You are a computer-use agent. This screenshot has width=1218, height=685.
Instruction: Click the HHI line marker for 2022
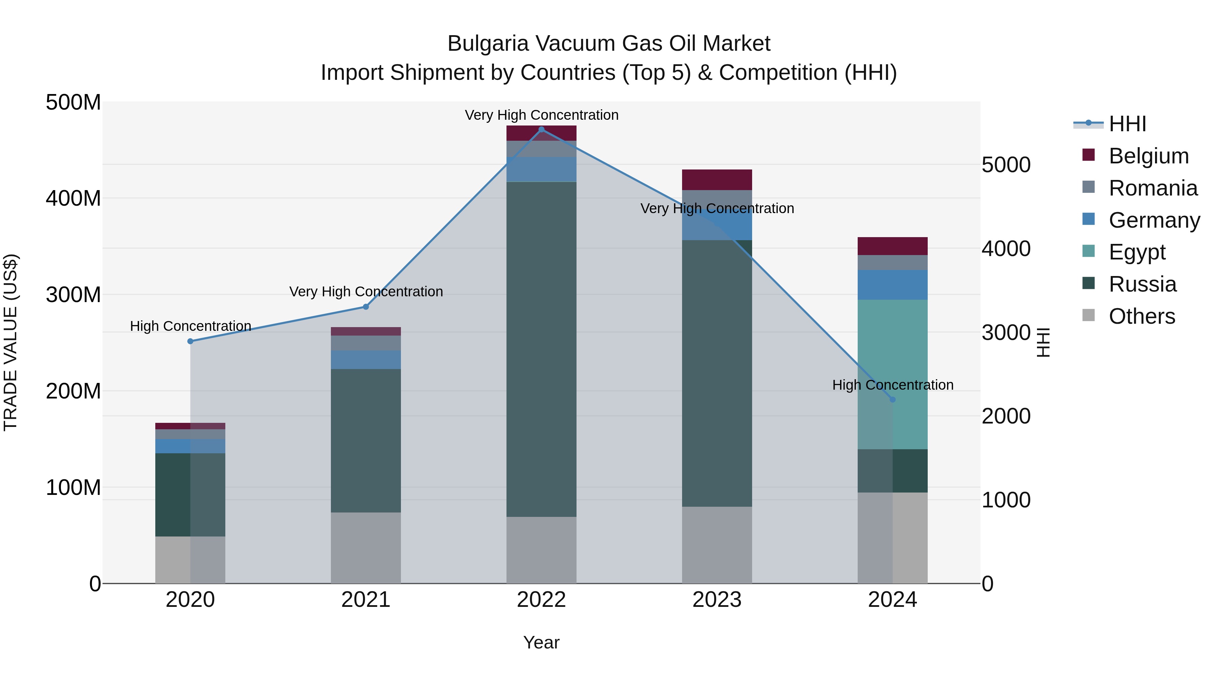point(541,130)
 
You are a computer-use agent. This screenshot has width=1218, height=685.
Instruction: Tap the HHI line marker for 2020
point(190,341)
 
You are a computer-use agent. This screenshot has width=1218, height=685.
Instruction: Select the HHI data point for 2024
point(893,399)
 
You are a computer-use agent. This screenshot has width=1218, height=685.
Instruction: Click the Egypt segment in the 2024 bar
point(893,374)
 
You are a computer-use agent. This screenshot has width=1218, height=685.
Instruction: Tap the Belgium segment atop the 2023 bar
point(717,180)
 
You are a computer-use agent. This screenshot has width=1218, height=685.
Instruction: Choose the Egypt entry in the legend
point(1137,252)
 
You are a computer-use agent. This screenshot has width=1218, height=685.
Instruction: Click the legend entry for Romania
point(1153,188)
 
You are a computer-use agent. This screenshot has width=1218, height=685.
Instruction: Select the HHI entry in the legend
point(1127,124)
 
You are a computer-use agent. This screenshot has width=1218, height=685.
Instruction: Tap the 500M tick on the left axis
point(73,102)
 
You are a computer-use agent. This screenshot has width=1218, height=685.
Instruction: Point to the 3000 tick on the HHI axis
point(1006,333)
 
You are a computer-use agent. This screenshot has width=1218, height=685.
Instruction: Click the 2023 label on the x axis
point(717,600)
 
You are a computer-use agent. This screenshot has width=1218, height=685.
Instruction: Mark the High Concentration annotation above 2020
point(190,326)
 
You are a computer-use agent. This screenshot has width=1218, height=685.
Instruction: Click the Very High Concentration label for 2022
point(541,115)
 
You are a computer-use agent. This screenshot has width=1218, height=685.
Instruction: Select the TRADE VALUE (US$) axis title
point(10,342)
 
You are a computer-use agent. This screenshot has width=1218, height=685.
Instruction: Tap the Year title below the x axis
point(541,642)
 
